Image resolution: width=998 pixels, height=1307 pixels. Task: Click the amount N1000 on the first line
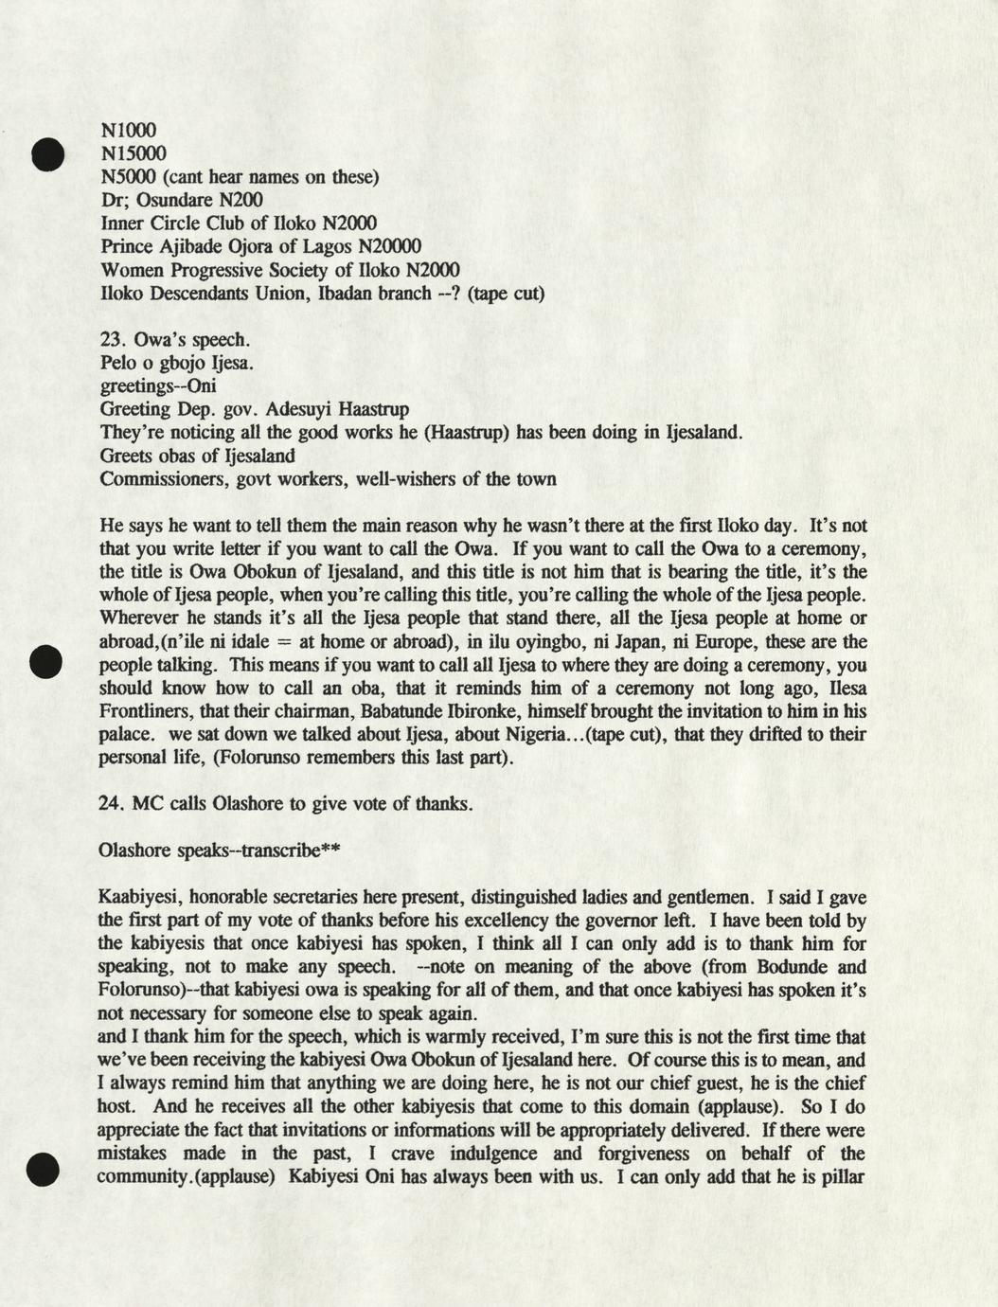[128, 130]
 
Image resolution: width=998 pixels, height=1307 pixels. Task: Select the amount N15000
[133, 153]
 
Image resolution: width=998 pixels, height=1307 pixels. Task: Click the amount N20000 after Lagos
[371, 246]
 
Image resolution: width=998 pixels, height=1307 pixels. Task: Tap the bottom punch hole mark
[45, 1170]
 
